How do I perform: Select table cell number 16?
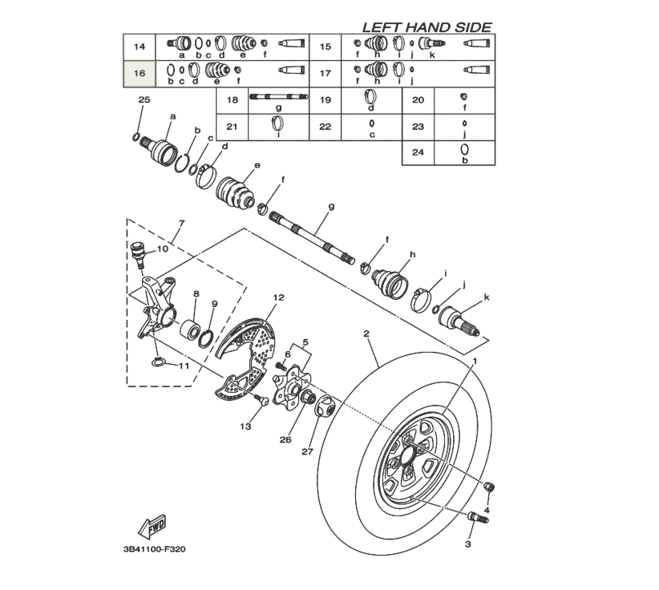[139, 73]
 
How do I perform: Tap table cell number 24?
[417, 152]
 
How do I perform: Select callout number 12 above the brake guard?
[278, 297]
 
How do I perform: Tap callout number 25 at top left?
[144, 99]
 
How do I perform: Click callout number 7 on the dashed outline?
[181, 222]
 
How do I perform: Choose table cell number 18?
[232, 100]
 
